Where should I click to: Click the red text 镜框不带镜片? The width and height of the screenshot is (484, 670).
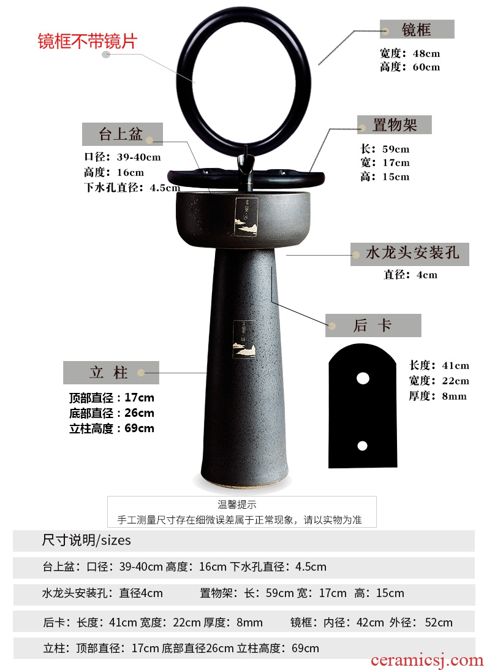88,42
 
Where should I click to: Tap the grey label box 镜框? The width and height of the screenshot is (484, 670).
417,29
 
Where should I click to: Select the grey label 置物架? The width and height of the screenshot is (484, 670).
395,125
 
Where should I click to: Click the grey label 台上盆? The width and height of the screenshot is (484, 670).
122,134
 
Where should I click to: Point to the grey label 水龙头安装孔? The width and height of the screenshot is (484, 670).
410,254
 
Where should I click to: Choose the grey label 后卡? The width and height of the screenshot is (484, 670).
373,325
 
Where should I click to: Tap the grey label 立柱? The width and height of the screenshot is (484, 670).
111,372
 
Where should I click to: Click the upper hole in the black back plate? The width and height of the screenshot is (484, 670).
363,378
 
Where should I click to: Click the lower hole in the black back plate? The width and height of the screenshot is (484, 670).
362,446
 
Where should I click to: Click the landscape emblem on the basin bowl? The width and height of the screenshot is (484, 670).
247,216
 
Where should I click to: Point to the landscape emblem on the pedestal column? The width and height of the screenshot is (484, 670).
244,339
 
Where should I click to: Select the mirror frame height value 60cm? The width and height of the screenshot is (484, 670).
426,67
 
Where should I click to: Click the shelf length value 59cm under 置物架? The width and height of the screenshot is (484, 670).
396,149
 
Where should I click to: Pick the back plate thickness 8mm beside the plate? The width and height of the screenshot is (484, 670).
454,396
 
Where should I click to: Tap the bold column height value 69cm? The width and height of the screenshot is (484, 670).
139,428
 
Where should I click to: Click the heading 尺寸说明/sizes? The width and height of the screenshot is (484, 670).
86,540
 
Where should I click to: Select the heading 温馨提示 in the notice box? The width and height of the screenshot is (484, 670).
237,504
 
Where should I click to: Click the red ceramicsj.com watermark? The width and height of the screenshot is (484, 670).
427,660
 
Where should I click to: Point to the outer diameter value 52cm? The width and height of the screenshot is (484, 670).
439,622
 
